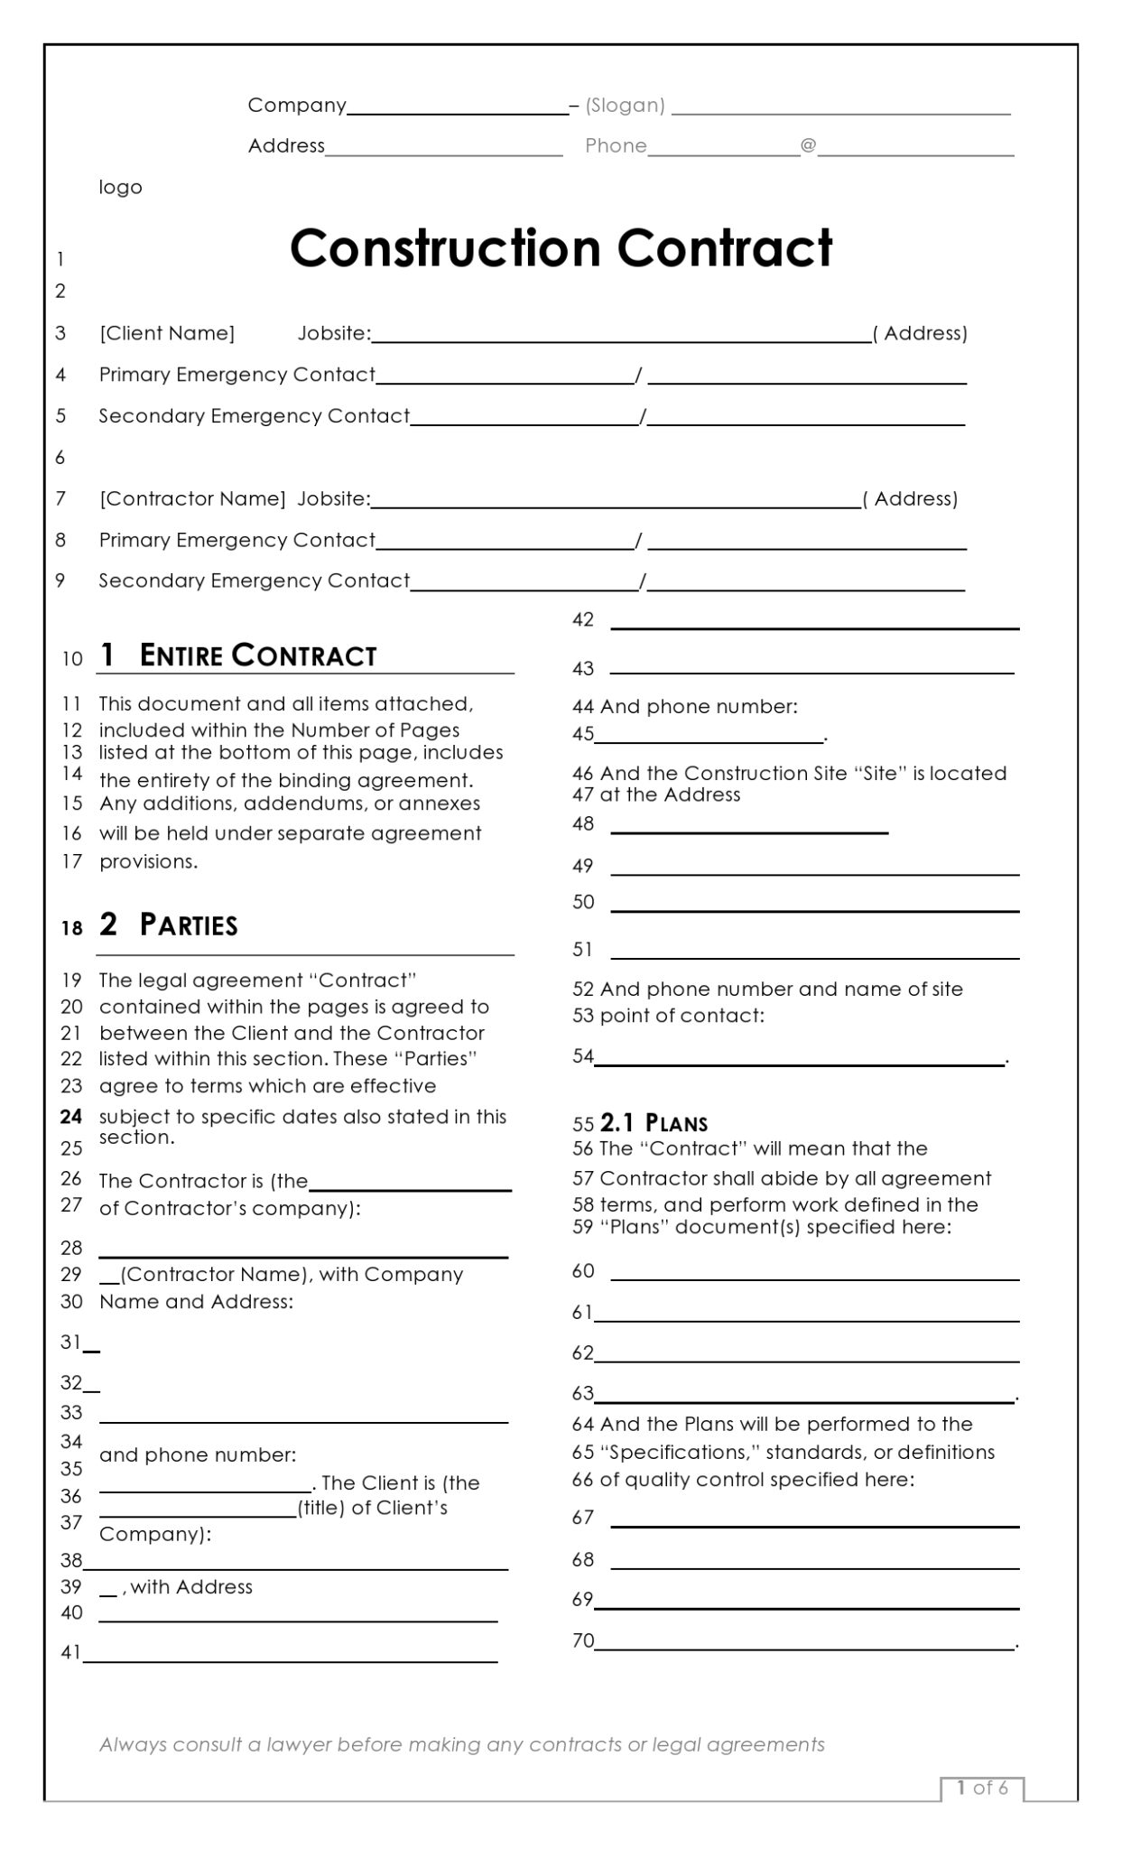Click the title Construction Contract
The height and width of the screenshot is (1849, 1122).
(x=561, y=248)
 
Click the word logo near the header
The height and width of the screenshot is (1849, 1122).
(x=120, y=187)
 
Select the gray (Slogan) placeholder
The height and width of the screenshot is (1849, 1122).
(x=625, y=106)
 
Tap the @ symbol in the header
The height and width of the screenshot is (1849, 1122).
(x=808, y=144)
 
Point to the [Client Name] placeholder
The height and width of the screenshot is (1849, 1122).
(x=167, y=333)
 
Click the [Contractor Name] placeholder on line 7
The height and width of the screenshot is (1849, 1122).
(x=192, y=498)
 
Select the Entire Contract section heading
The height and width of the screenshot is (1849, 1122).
(x=257, y=655)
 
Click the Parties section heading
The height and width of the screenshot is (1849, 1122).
(x=188, y=924)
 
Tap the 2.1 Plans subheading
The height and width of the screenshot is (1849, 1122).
(x=654, y=1123)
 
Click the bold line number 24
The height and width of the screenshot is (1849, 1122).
(x=71, y=1117)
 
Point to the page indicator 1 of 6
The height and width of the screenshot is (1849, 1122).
(x=982, y=1788)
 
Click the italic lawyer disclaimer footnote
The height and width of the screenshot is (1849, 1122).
(x=461, y=1744)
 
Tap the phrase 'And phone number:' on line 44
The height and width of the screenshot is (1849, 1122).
(x=699, y=707)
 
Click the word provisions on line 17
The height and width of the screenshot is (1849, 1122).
(x=148, y=861)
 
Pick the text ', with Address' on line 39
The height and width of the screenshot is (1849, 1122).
(x=188, y=1586)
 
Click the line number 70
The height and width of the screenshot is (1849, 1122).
(x=582, y=1640)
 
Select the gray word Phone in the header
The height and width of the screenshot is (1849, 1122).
(x=616, y=145)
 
